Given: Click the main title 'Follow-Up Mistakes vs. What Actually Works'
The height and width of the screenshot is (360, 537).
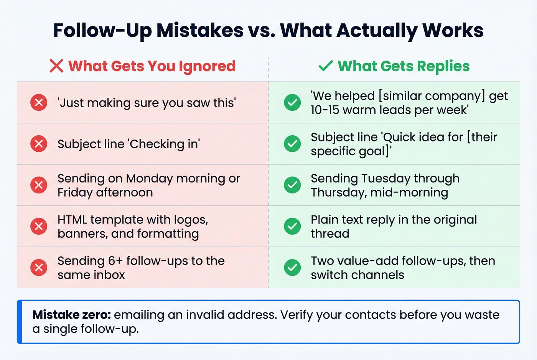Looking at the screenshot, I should (x=268, y=30).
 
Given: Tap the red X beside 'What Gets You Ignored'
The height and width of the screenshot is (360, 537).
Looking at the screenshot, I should (x=56, y=66).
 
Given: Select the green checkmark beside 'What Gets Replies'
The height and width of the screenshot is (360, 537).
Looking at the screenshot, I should (x=325, y=66).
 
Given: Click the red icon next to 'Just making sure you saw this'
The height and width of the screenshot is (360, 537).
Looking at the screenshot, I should (x=39, y=103).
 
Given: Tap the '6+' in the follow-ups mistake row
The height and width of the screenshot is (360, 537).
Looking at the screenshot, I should (x=115, y=261).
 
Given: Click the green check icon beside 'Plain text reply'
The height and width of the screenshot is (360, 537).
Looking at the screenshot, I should (x=292, y=226).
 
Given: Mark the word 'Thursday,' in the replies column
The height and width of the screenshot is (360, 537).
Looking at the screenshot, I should (x=339, y=192).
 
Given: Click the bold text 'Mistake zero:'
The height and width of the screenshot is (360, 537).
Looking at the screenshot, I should (x=72, y=315).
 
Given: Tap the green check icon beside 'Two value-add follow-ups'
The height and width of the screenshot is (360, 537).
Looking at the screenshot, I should (x=292, y=268).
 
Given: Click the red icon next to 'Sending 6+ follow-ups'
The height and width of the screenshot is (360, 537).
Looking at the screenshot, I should (x=39, y=268).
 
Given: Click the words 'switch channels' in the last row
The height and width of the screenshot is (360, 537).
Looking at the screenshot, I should (x=357, y=275).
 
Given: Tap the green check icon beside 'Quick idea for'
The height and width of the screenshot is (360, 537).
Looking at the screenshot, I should (x=292, y=144).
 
